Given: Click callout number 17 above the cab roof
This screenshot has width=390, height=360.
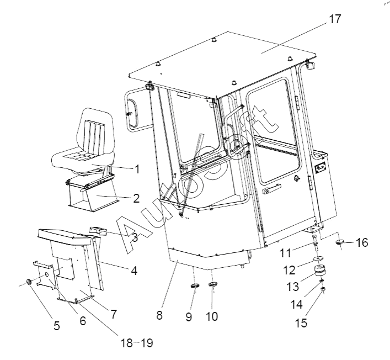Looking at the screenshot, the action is click(x=335, y=19).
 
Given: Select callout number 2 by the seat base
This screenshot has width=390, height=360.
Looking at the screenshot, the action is click(x=136, y=198).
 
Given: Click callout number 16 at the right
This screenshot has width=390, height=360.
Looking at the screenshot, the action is click(x=361, y=242).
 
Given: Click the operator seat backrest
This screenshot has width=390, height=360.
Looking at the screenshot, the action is click(x=96, y=133).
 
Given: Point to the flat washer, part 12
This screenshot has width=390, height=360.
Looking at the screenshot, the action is click(x=317, y=260).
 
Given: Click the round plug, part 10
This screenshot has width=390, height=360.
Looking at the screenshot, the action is click(x=213, y=284).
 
